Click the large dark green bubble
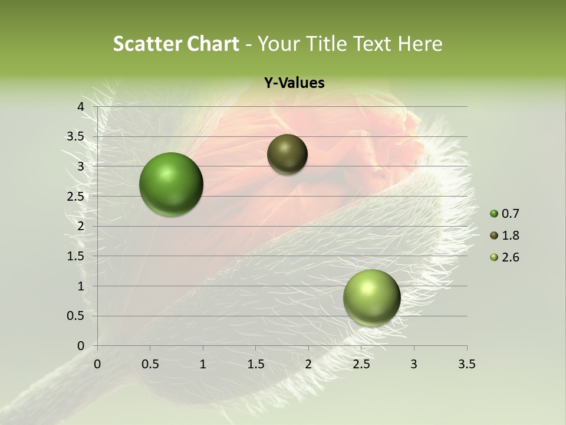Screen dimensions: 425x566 (172, 184)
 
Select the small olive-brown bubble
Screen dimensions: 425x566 (287, 154)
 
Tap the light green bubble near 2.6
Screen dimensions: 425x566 (371, 297)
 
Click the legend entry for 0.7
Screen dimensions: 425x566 (505, 214)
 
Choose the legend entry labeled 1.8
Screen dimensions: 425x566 (505, 236)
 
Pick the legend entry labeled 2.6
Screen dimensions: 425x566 (505, 257)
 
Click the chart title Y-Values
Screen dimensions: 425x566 (294, 83)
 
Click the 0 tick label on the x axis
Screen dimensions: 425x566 (97, 364)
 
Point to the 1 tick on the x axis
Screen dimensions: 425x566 (203, 364)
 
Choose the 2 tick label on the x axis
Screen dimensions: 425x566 (308, 364)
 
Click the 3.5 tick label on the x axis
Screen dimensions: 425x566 (466, 364)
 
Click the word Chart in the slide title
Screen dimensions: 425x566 (213, 44)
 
